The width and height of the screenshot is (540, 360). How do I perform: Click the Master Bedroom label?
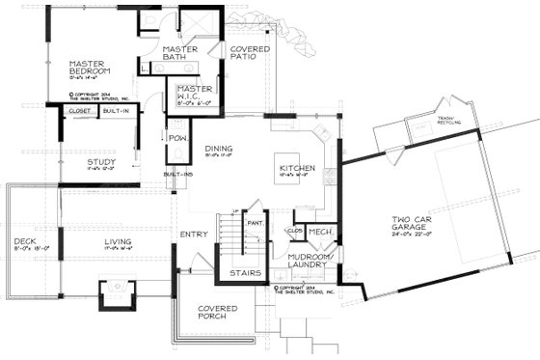pos(91,69)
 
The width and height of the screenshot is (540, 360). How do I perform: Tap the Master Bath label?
pos(181,54)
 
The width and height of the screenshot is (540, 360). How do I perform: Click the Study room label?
pos(101,162)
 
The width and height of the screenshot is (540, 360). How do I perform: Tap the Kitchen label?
pos(298,168)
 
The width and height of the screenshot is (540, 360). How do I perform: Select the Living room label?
pos(121,242)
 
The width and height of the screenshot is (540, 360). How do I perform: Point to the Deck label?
pos(24,242)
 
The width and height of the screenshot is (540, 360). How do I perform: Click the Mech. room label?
pos(321,233)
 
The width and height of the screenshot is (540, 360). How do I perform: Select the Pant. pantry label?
pos(256,223)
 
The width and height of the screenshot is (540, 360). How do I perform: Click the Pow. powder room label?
pos(177,138)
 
